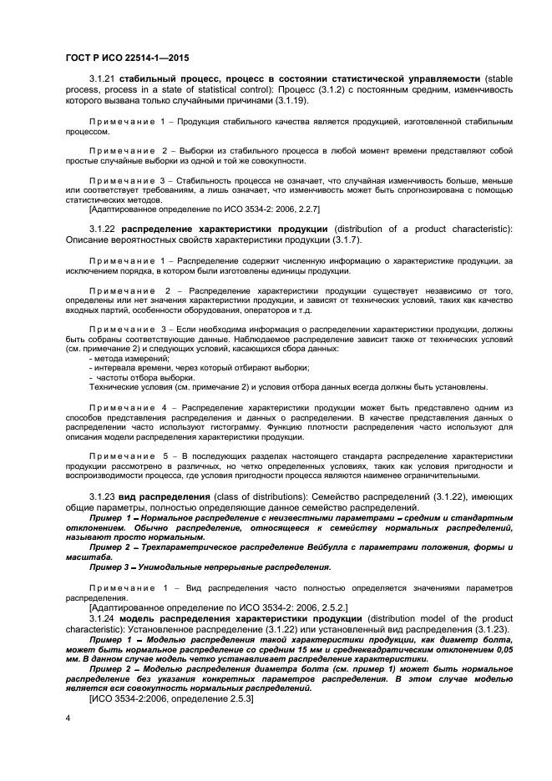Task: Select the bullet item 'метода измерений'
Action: pyautogui.click(x=129, y=358)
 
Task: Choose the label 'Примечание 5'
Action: pyautogui.click(x=129, y=456)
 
